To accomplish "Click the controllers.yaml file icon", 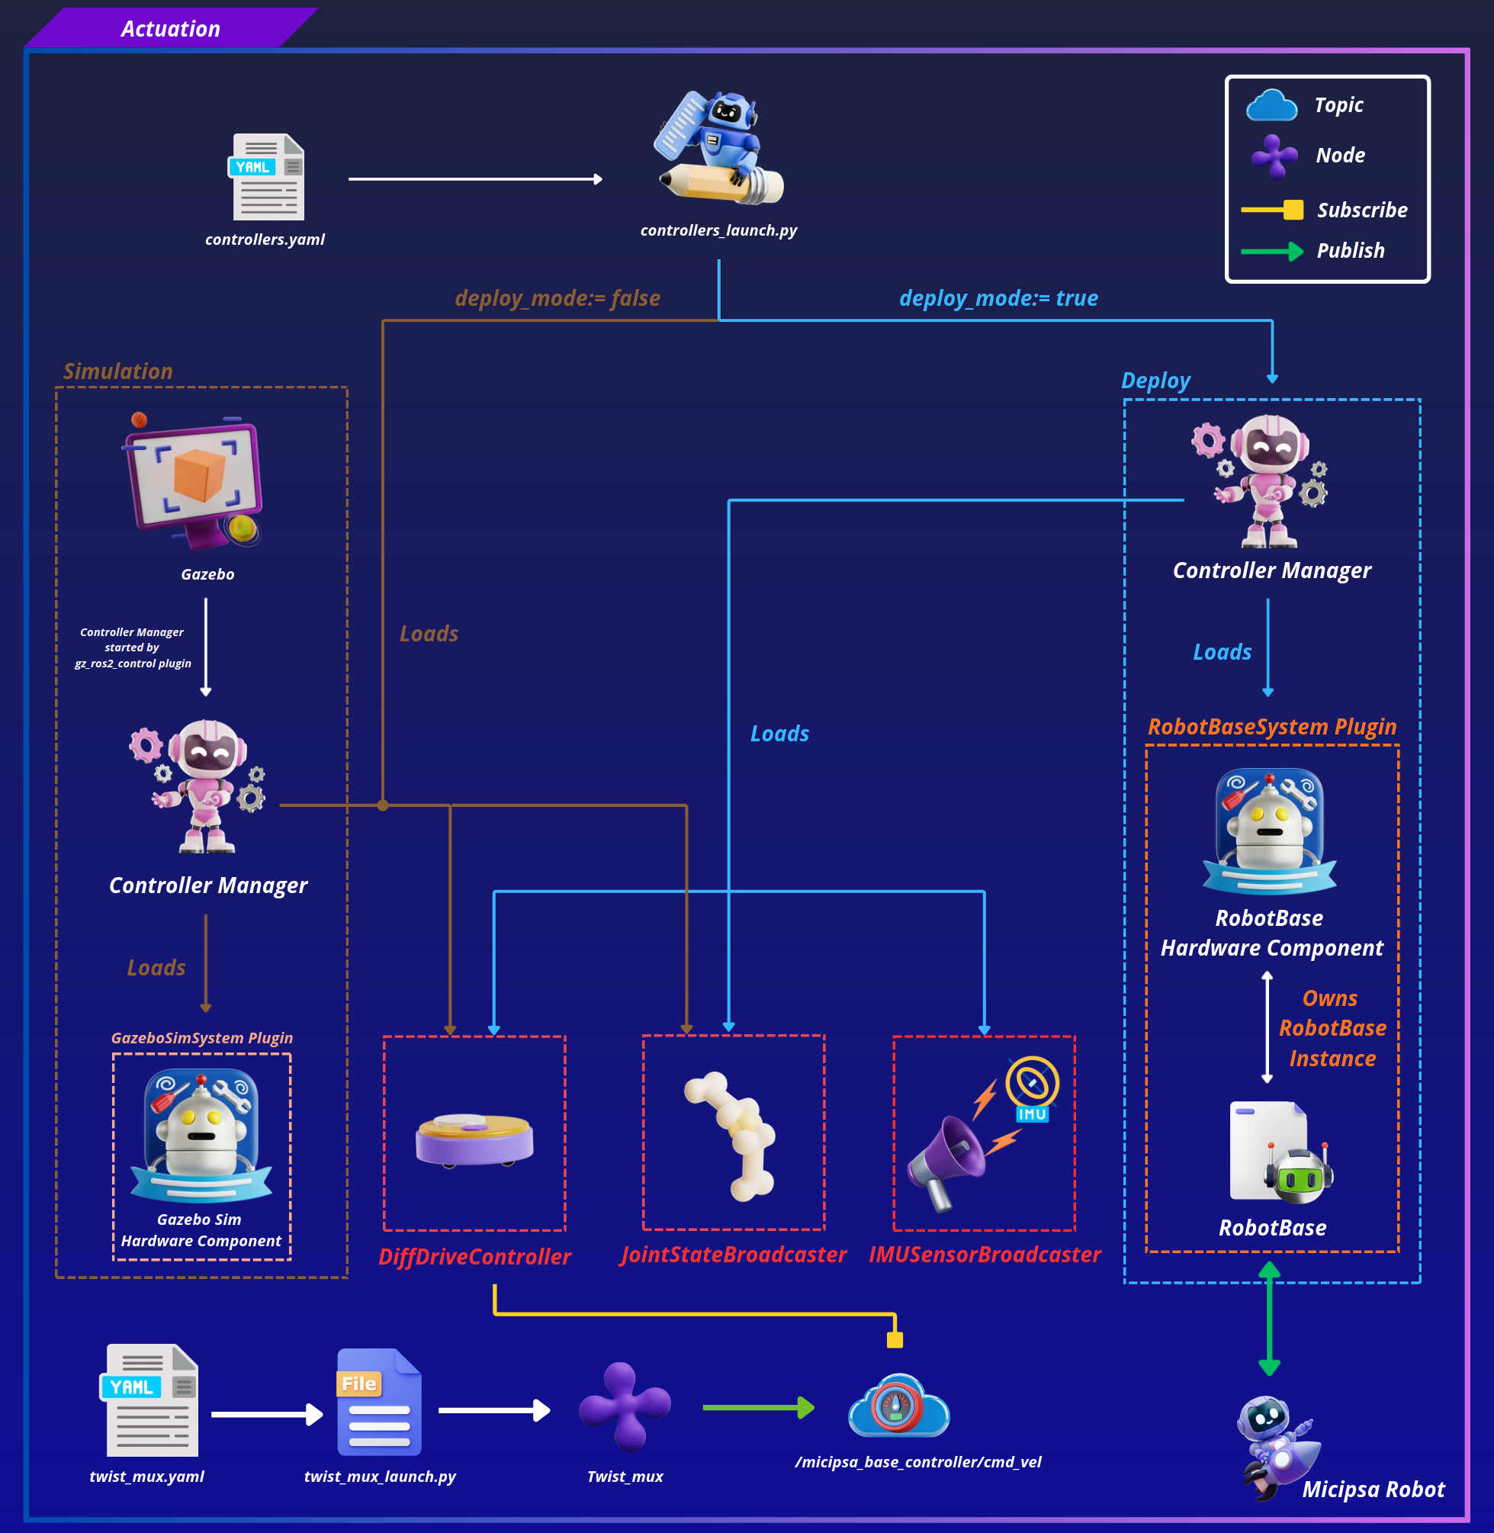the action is click(x=268, y=176).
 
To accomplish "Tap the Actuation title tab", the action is click(x=171, y=28).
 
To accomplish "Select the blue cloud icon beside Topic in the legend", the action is click(x=1271, y=105).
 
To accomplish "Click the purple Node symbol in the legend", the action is click(x=1274, y=156).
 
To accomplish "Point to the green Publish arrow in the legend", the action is click(x=1272, y=251).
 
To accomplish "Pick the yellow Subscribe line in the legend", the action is click(x=1272, y=210).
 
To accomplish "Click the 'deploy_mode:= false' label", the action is click(x=557, y=298).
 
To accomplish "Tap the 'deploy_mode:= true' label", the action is click(x=998, y=298).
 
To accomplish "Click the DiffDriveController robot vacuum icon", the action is click(x=474, y=1141).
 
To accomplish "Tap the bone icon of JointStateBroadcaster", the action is click(x=731, y=1136).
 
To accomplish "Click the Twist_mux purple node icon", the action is click(x=625, y=1406).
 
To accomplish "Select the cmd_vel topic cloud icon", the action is click(x=899, y=1405).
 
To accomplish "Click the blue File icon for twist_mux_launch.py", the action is click(x=380, y=1402).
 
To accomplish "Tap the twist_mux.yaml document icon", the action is click(x=150, y=1400).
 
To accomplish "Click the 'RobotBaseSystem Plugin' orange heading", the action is click(x=1272, y=727).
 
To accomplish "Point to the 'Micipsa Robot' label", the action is click(x=1374, y=1489).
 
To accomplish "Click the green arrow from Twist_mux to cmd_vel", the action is click(x=758, y=1407).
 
